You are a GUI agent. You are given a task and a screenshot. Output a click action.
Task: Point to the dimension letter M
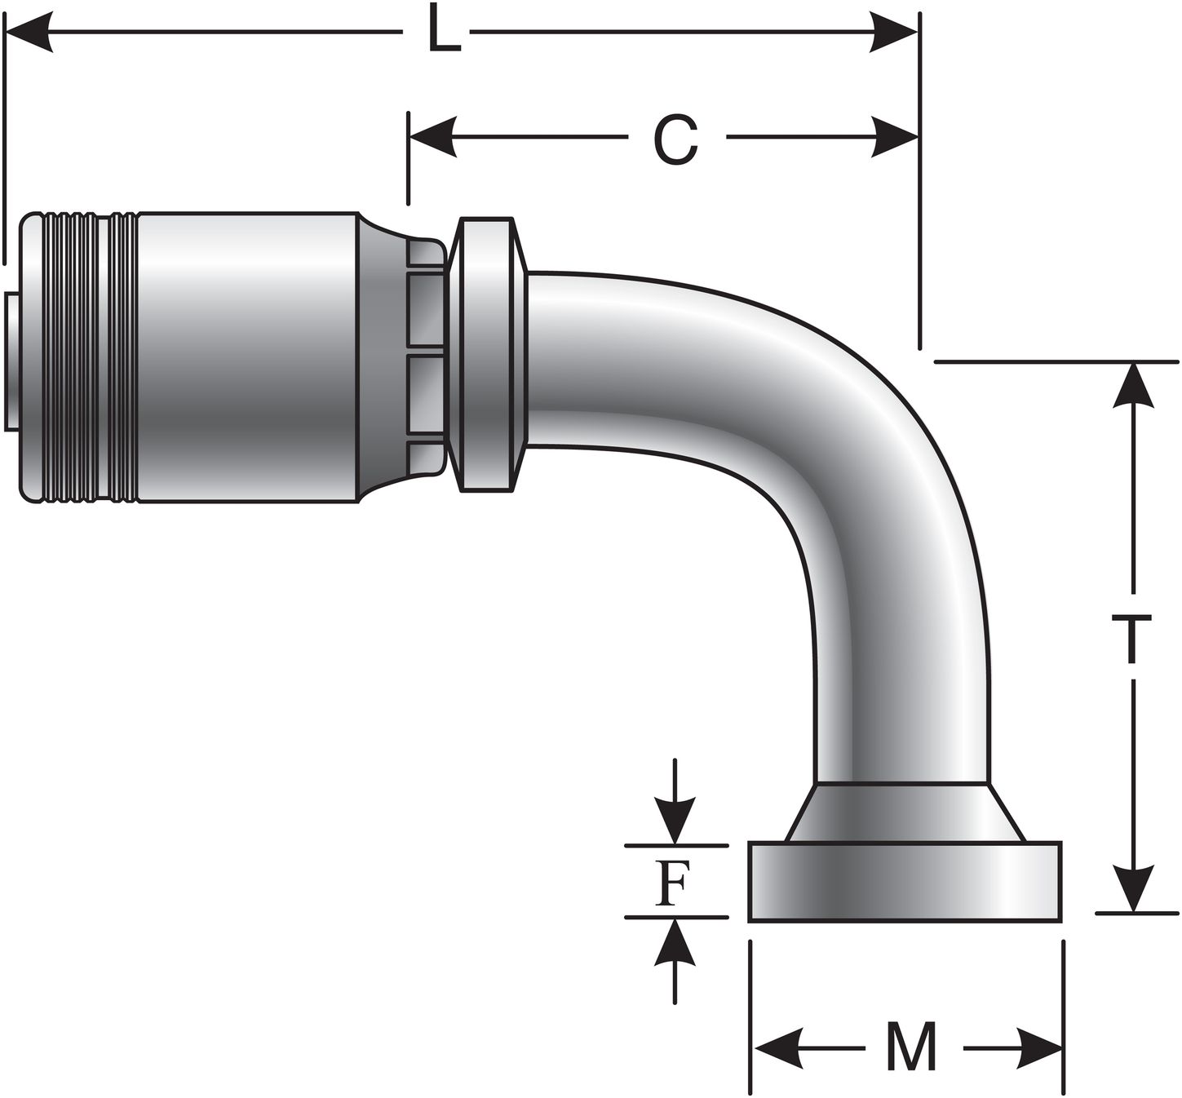coord(911,1047)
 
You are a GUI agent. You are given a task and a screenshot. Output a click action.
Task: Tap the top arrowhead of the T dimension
coord(1132,384)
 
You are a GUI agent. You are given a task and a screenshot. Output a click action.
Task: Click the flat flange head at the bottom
coord(905,882)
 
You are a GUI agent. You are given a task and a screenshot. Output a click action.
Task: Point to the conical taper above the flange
coord(903,813)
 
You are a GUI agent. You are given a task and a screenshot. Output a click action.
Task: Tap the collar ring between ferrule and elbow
coord(487,354)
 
